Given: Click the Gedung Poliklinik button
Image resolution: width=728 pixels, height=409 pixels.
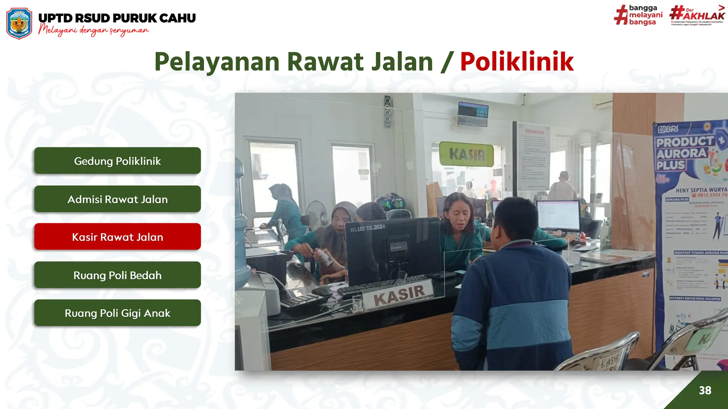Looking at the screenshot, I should click(x=117, y=161).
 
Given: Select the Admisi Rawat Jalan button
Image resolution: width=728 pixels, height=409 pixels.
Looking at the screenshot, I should click(x=117, y=199).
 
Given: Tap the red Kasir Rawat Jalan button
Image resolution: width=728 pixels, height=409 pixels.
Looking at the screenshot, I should click(x=117, y=237).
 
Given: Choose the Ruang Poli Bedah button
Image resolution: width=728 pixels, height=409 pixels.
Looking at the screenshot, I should click(x=117, y=275).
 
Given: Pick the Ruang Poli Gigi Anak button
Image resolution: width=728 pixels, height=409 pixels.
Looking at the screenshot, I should click(x=117, y=313).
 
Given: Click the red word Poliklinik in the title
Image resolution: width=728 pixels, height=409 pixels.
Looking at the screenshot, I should click(x=517, y=62).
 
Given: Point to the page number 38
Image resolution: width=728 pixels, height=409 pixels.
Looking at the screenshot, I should click(x=705, y=391).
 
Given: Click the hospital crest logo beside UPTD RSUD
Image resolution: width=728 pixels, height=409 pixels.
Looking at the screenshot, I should click(x=19, y=23).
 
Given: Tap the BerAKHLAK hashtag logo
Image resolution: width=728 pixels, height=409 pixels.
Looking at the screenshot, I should click(x=697, y=15).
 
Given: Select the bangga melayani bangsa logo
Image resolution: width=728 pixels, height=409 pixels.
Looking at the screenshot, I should click(x=638, y=15).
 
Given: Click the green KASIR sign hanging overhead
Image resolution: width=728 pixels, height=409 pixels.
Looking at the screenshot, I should click(x=467, y=154).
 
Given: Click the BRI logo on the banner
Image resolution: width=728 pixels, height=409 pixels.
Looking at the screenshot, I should click(x=668, y=129).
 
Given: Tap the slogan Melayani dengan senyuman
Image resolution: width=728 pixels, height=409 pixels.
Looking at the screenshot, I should click(x=93, y=31).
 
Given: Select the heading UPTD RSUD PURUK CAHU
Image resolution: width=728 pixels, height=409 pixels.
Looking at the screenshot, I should click(x=117, y=18).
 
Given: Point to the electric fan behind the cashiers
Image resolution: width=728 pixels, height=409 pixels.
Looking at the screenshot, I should click(x=317, y=212).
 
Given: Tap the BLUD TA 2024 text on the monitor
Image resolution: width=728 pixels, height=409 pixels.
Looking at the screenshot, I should click(x=368, y=228).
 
